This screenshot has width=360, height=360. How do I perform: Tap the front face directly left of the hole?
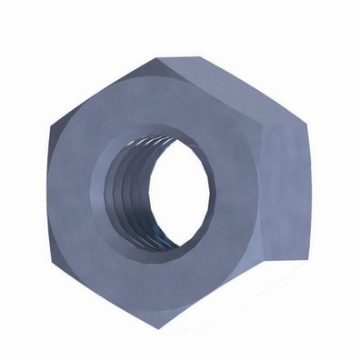coord(77,191)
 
